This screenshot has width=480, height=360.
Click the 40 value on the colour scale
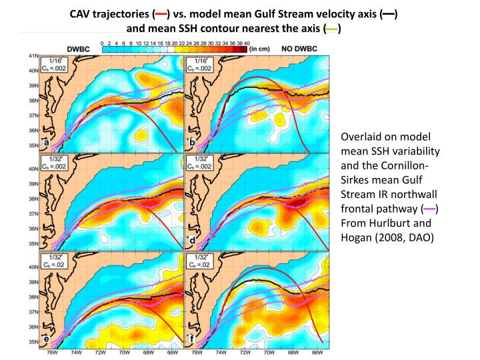click(247, 43)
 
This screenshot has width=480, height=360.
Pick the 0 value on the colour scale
click(101, 43)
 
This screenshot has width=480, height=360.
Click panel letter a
click(45, 143)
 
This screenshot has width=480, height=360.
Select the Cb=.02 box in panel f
click(201, 265)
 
